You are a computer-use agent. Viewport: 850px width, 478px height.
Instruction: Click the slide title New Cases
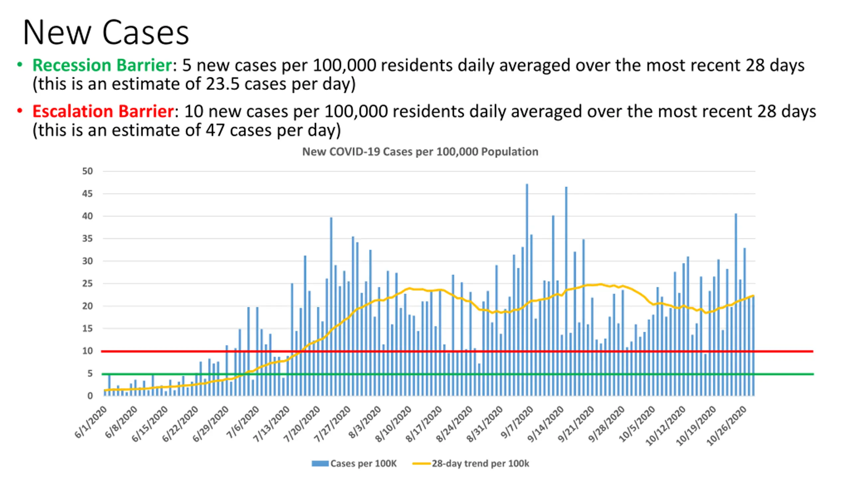(106, 33)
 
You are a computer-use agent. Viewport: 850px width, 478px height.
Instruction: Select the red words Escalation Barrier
(103, 111)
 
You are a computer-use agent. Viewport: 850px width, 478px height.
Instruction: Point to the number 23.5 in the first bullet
(222, 84)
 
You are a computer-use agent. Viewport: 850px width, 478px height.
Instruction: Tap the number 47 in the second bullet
(215, 130)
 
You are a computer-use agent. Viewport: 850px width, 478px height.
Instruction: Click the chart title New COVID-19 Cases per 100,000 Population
(420, 152)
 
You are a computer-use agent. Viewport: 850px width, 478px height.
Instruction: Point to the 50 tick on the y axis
(88, 171)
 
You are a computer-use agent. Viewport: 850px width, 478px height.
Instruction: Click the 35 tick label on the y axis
(88, 239)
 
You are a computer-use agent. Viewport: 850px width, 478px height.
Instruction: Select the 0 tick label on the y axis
(90, 396)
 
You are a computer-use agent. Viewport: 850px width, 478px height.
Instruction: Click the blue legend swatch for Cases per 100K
(320, 464)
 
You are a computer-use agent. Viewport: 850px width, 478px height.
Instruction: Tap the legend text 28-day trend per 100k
(480, 464)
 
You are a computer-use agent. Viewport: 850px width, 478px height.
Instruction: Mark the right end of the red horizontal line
(812, 351)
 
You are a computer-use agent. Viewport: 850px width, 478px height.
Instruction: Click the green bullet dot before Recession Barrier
(20, 65)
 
